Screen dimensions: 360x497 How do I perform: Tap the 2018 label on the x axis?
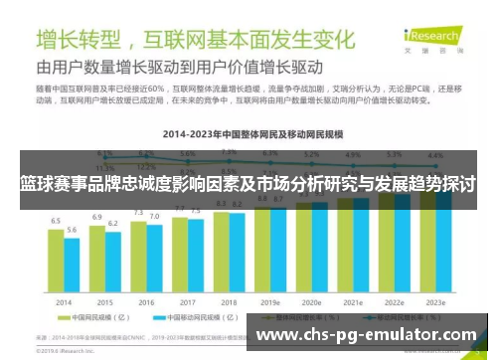pyautogui.click(x=228, y=300)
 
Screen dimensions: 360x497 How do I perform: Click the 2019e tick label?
pyautogui.click(x=270, y=300)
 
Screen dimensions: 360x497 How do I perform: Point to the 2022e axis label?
pyautogui.click(x=394, y=300)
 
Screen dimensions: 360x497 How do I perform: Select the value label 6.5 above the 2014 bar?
pyautogui.click(x=57, y=220)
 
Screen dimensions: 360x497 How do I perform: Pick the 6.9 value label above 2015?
pyautogui.click(x=97, y=216)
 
